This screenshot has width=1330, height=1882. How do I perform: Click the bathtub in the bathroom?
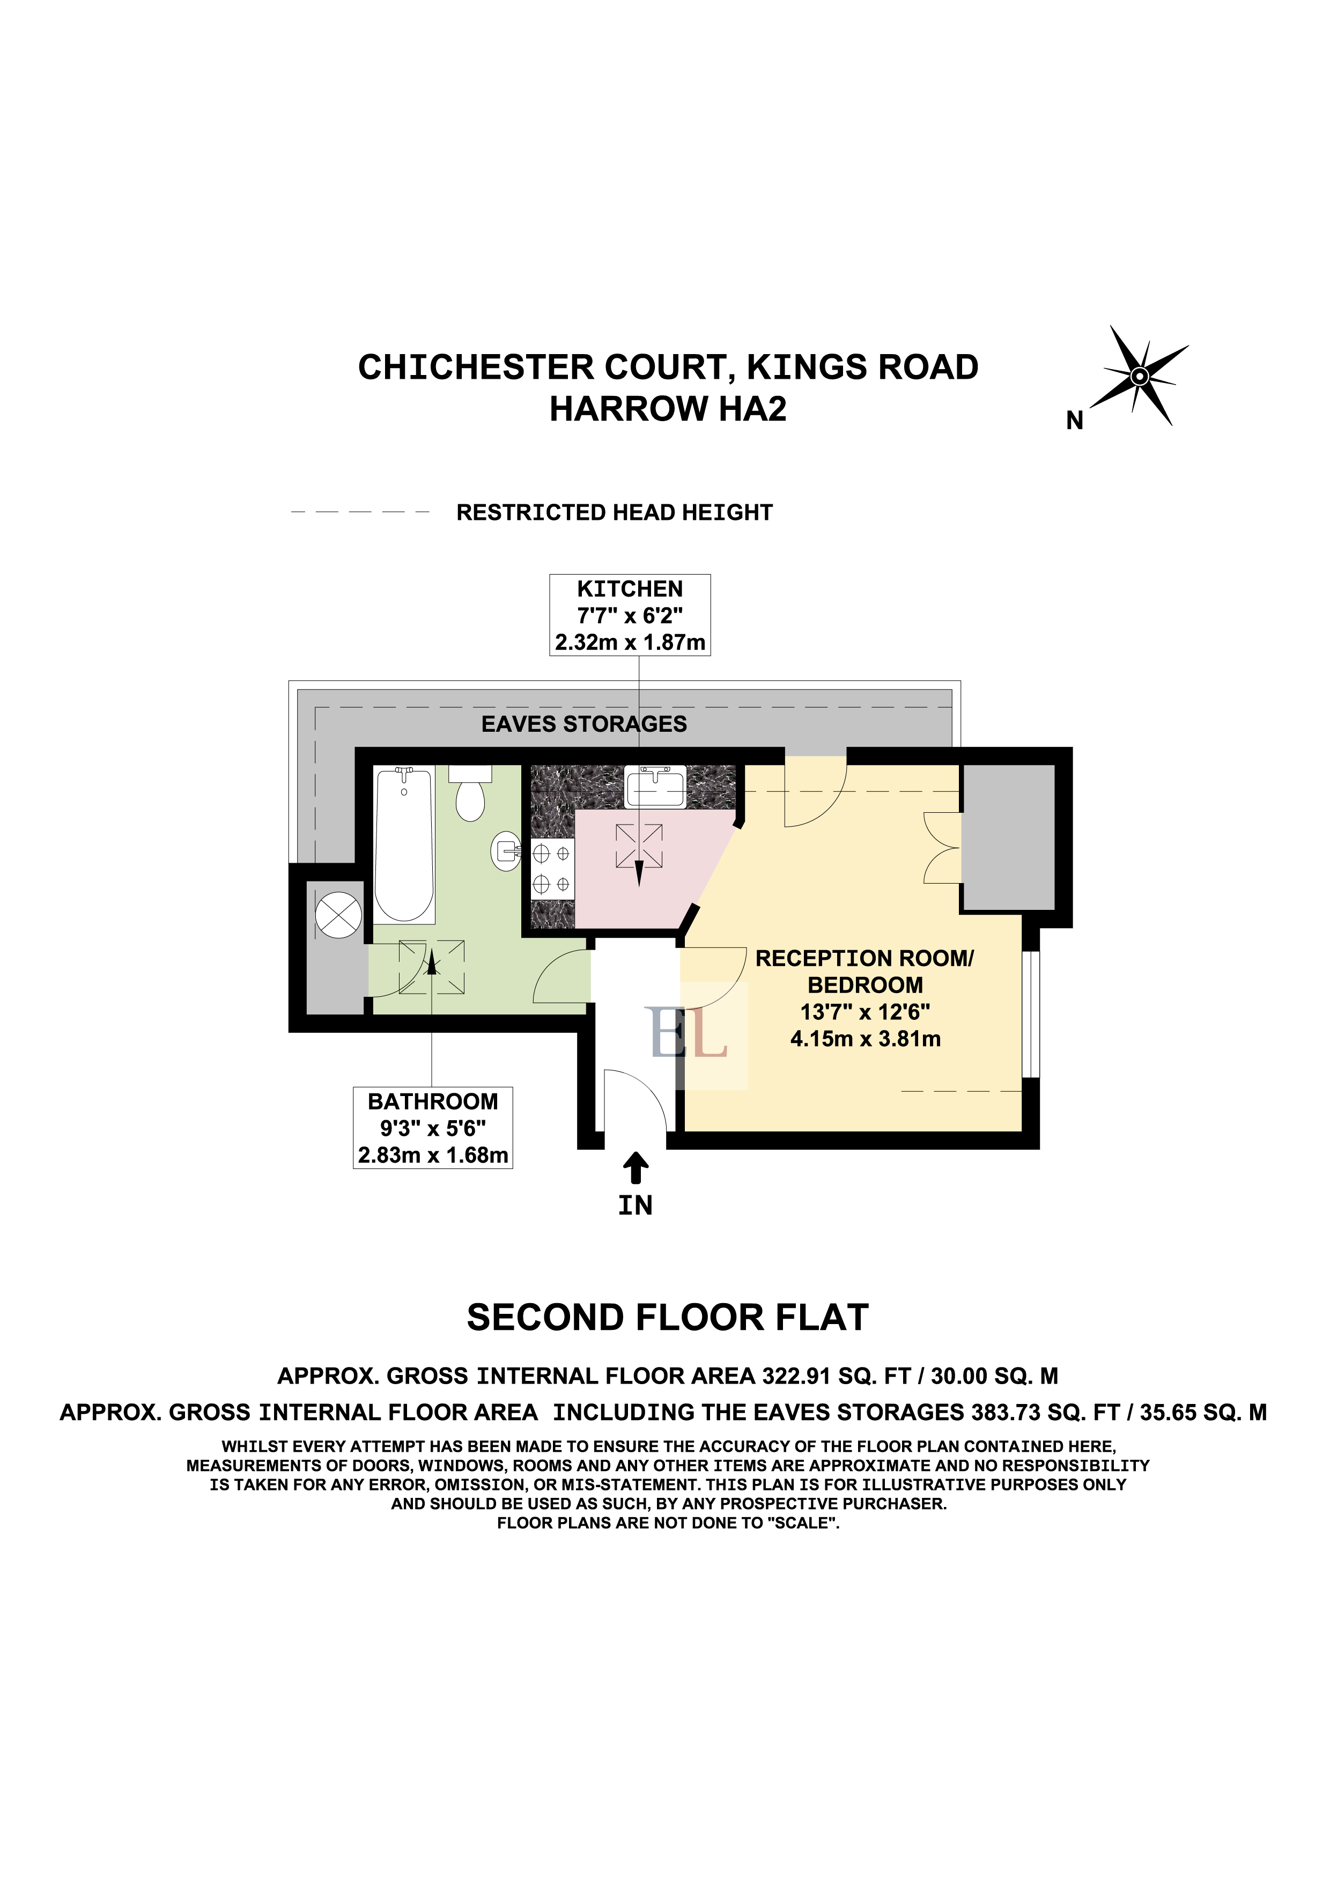click(403, 844)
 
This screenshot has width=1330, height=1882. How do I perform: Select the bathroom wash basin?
click(506, 851)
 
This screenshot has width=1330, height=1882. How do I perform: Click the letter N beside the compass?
click(1074, 421)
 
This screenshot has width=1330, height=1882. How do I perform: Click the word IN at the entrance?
click(635, 1206)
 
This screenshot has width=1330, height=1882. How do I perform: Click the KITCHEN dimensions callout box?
click(630, 615)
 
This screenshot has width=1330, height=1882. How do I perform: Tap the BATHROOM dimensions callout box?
click(433, 1128)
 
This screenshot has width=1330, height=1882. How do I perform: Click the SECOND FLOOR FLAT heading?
click(668, 1318)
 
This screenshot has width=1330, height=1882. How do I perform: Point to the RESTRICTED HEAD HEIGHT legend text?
click(615, 512)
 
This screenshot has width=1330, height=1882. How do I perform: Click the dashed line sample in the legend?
click(360, 511)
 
